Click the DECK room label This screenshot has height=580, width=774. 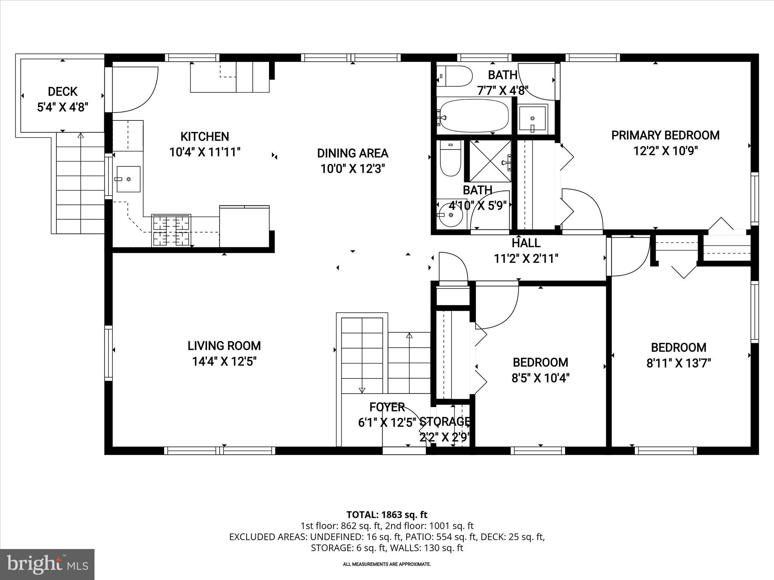[62, 91]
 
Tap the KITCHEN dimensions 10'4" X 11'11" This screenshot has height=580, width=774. [205, 152]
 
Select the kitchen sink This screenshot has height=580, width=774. [128, 179]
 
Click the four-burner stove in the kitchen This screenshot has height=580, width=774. [171, 230]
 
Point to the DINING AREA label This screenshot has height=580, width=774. [352, 153]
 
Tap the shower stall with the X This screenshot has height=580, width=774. [490, 161]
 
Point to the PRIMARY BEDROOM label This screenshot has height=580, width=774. [665, 135]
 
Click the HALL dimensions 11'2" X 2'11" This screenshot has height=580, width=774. [526, 259]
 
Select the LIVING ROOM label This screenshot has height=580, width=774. [224, 346]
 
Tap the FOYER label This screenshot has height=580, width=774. [387, 407]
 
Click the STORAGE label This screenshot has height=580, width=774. [445, 421]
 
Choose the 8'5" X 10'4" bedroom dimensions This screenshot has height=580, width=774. [540, 378]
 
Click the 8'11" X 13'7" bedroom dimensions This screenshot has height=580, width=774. [679, 363]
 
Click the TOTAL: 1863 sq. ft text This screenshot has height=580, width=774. [387, 514]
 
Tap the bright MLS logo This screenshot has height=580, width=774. [47, 564]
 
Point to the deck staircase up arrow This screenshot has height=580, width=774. [80, 136]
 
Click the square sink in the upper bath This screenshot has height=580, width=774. [533, 119]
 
